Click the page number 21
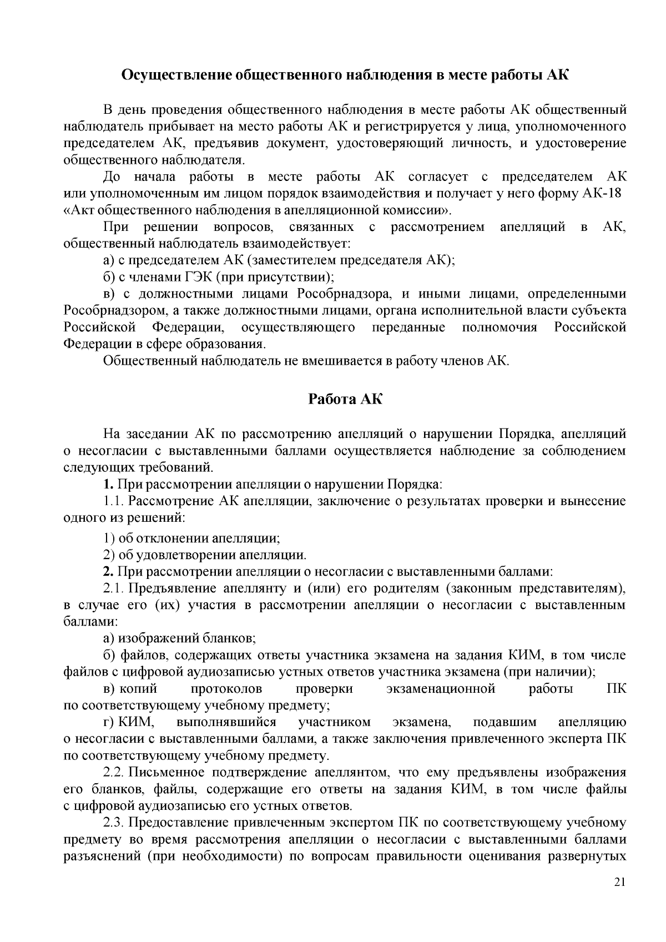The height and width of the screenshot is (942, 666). (x=620, y=898)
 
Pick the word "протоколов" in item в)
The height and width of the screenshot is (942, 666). (x=226, y=689)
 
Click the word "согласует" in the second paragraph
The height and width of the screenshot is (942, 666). (x=438, y=177)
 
